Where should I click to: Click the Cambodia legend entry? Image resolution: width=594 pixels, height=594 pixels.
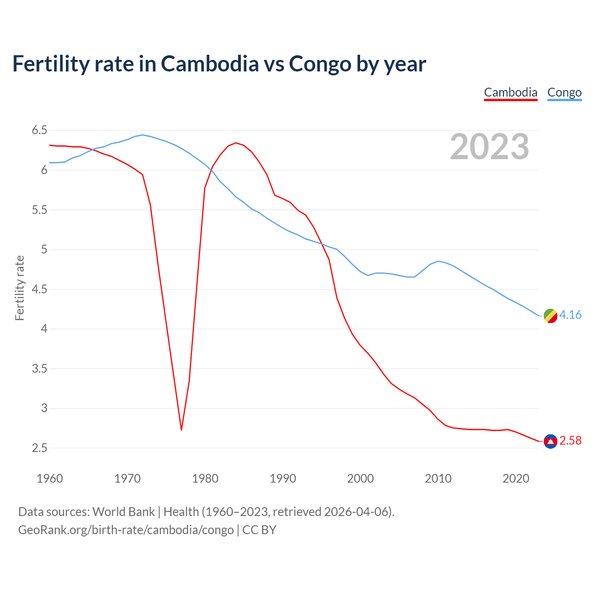510,92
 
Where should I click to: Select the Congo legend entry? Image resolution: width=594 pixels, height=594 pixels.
564,92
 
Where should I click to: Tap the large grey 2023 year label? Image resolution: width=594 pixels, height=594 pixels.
490,147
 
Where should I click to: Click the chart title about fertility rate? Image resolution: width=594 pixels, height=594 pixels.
219,64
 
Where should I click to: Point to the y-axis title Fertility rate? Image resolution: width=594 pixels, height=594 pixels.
19,288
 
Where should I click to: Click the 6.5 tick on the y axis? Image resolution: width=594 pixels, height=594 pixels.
39,130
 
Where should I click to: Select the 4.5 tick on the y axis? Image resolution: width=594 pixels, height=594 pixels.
39,289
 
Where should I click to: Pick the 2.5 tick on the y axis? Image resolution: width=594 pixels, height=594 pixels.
39,448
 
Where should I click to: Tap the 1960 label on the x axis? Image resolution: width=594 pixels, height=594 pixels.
50,478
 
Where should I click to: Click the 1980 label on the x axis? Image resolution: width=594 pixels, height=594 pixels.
205,478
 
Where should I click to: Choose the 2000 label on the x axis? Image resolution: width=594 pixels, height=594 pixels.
361,478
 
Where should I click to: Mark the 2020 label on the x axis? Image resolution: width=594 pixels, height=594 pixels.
516,478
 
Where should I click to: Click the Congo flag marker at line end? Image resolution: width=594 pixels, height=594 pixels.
550,316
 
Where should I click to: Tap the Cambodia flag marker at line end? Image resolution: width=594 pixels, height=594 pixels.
550,441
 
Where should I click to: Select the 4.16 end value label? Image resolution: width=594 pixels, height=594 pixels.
570,315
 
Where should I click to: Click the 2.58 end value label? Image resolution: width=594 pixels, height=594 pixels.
570,440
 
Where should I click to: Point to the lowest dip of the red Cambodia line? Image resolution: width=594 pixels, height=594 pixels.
181,429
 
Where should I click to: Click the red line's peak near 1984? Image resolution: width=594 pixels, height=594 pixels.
236,143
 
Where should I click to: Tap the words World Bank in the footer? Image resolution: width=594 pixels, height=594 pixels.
123,512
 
